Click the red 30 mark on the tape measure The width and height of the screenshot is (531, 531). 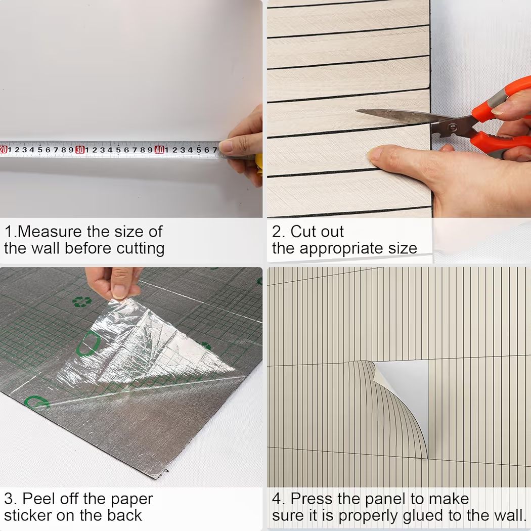point(80,150)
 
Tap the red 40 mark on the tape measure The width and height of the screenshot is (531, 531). point(159,150)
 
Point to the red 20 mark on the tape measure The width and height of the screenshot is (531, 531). point(3,150)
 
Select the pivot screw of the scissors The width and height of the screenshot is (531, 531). point(452,127)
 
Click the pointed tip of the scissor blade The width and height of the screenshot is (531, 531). point(357,110)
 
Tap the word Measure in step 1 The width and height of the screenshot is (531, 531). point(49,232)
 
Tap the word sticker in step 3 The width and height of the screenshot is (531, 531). point(28,515)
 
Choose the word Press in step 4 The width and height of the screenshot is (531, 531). point(308,499)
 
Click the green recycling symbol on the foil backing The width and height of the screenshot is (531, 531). point(81,302)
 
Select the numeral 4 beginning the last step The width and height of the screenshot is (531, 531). point(277,499)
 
